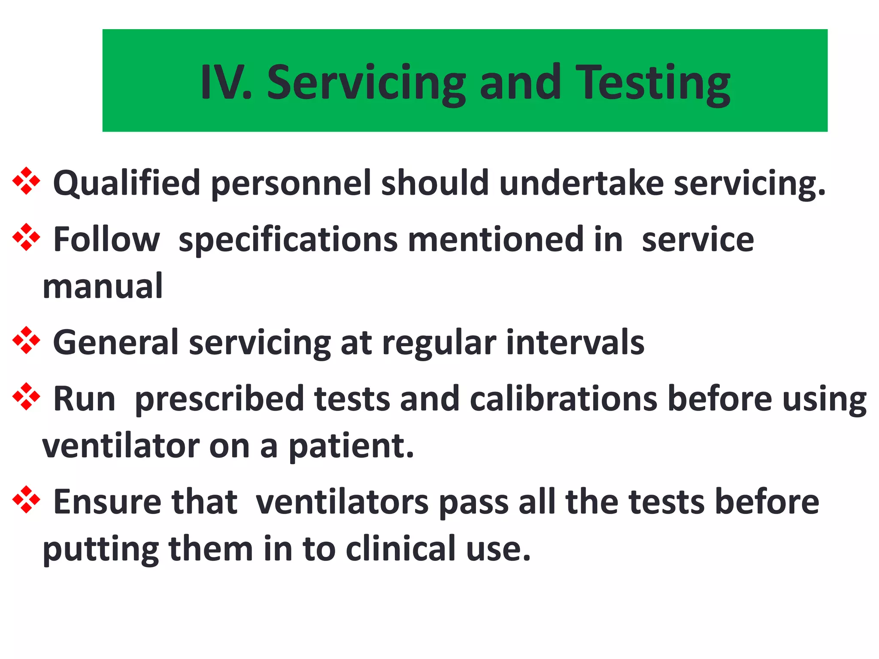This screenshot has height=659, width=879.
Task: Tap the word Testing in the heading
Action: (x=653, y=84)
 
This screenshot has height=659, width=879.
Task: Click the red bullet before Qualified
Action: (x=26, y=181)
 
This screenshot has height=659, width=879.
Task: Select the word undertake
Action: (x=581, y=183)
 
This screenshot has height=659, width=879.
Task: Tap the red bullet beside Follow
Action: (x=26, y=237)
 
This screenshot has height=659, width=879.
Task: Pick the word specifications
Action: (x=288, y=240)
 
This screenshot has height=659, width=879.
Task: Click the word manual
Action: (x=103, y=286)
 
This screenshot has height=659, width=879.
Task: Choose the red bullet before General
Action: (x=26, y=341)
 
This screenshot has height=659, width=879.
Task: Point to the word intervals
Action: (x=575, y=342)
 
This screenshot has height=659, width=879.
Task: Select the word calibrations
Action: (x=564, y=399)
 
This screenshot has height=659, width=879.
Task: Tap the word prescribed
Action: (x=219, y=399)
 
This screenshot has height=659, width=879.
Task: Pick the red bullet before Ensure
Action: (x=26, y=500)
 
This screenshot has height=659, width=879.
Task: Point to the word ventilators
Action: (x=342, y=502)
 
